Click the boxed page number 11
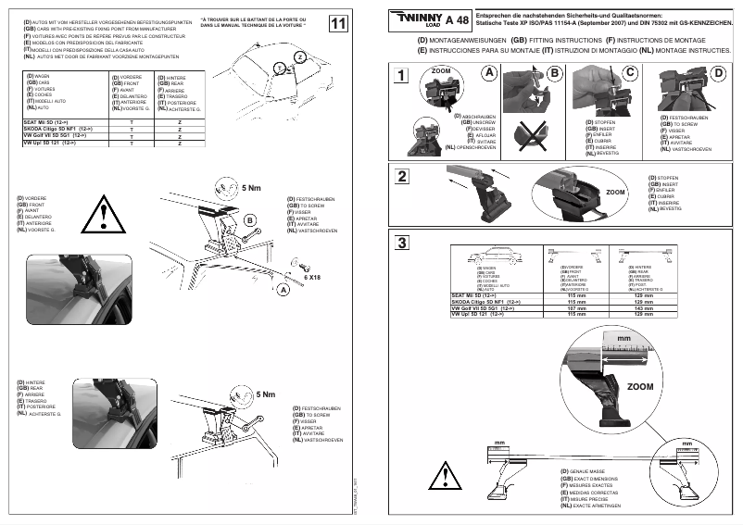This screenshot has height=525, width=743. [x=339, y=23]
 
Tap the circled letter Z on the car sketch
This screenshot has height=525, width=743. [x=298, y=57]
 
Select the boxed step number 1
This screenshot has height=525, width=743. [x=399, y=76]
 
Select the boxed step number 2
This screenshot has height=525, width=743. [x=399, y=176]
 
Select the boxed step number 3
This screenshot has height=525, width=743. [x=399, y=244]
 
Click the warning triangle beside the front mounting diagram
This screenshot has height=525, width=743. [x=99, y=219]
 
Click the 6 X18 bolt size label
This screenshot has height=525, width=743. [x=311, y=276]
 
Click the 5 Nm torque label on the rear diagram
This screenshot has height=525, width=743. [x=265, y=395]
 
